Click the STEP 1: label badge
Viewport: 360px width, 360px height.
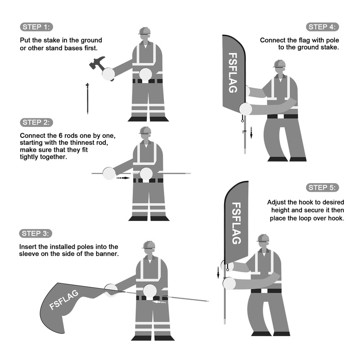coord(36,27)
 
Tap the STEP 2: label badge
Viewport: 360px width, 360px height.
coord(36,122)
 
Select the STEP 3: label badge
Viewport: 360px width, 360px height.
coord(36,234)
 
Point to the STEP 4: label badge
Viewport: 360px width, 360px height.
coord(322,27)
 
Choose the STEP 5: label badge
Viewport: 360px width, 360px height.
coord(322,188)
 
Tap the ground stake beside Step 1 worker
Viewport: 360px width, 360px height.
coord(87,99)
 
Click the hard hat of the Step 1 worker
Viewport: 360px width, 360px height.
coord(144,31)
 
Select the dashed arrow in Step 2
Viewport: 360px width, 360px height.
coord(123,178)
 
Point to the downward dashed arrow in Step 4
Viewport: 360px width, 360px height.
coord(251,133)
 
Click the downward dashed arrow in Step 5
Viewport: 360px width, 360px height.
coord(218,273)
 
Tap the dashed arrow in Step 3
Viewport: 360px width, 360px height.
coord(159,302)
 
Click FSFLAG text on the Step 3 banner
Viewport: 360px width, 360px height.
coord(64,300)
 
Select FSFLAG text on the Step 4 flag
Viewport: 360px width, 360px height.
coord(233,73)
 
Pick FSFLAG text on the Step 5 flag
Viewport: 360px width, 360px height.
coord(236,223)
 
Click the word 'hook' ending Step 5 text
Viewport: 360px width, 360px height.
coord(337,218)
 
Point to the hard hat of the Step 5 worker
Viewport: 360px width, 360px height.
coord(263,238)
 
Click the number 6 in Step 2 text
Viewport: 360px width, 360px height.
coord(61,136)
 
